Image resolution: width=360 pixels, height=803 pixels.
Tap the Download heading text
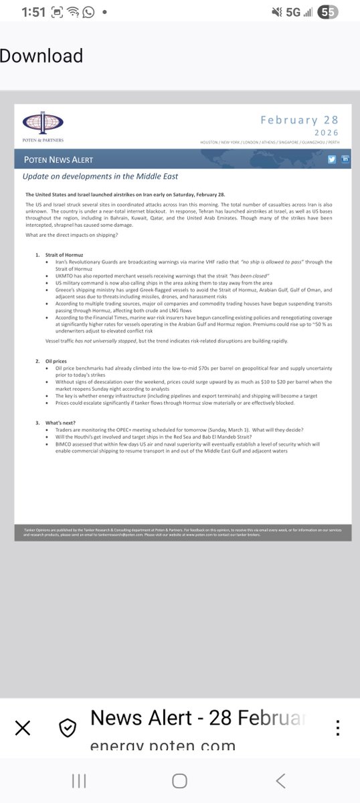click(x=41, y=56)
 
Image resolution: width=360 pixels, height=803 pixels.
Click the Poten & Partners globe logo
click(x=43, y=124)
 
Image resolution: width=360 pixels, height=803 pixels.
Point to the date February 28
click(x=299, y=120)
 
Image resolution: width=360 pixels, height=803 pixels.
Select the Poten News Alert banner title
click(x=58, y=161)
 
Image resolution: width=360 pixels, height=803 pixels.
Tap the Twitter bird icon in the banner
click(x=332, y=159)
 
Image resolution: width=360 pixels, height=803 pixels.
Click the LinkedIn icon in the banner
click(x=345, y=159)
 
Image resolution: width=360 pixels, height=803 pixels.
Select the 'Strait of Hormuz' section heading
click(x=64, y=256)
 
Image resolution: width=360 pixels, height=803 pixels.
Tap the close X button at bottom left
click(x=22, y=727)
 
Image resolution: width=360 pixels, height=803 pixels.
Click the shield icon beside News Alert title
click(x=66, y=727)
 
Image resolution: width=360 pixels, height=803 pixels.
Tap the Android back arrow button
click(x=281, y=780)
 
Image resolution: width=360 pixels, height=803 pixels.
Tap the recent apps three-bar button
click(x=78, y=780)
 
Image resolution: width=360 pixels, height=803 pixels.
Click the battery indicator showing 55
click(x=329, y=12)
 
